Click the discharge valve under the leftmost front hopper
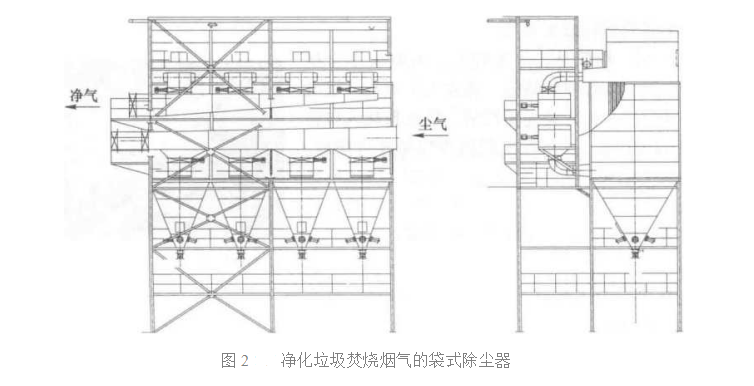coord(180,243)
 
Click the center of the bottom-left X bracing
coord(210,295)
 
